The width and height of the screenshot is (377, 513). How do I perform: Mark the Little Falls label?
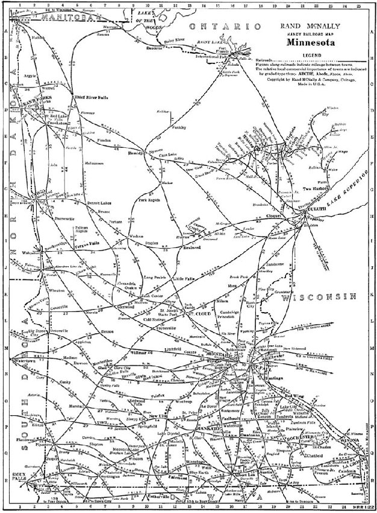[184, 279]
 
